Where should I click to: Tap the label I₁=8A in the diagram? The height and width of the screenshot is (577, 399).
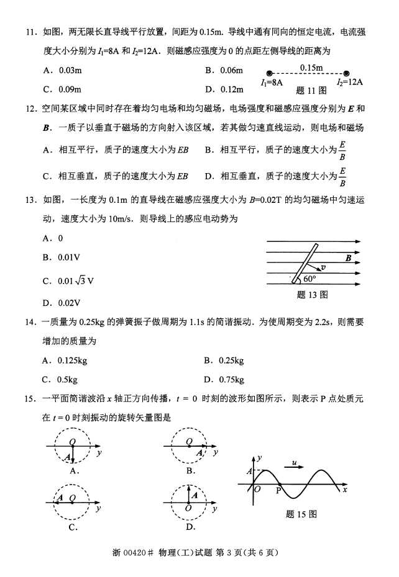tap(272, 81)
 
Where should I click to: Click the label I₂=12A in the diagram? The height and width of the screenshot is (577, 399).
tap(350, 81)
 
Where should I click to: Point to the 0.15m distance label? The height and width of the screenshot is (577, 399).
tap(311, 67)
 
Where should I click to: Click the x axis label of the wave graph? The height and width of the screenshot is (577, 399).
tap(344, 490)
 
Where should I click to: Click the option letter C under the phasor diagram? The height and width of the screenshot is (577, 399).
tap(73, 527)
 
